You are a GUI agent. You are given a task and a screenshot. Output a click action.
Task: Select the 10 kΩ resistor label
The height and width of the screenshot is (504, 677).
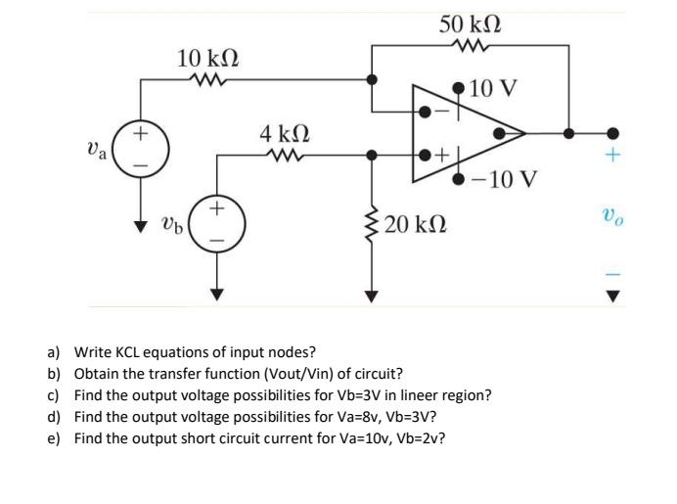coord(210,58)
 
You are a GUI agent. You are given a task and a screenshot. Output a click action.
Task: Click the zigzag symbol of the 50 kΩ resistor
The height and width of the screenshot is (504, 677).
coord(472,45)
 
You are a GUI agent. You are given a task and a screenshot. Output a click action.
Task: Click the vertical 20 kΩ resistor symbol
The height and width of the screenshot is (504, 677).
coord(371,224)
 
